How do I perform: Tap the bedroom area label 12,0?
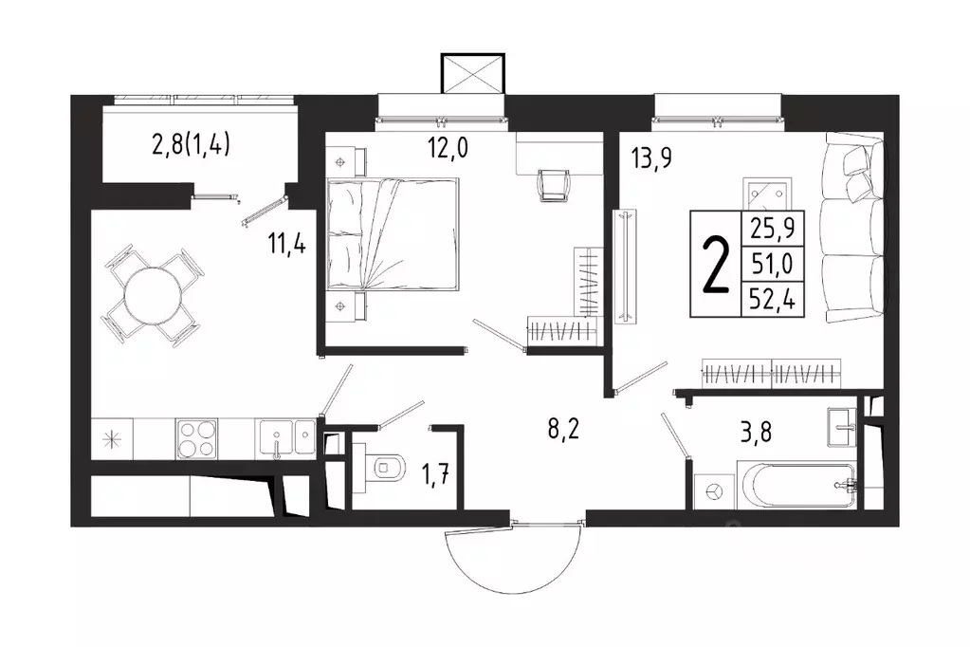coord(448,148)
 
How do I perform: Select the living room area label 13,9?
coord(650,158)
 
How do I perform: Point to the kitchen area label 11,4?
coord(287,243)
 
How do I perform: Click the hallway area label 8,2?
coord(563,429)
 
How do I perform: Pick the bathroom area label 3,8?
coord(756,433)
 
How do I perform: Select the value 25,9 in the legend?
coord(772,229)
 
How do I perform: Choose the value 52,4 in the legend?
coord(772,301)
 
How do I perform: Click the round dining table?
coord(153,295)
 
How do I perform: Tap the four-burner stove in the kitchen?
coord(196,439)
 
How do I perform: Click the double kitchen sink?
coord(286,439)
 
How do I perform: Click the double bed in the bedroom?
coord(393,234)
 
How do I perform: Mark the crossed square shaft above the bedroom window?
coord(472,73)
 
